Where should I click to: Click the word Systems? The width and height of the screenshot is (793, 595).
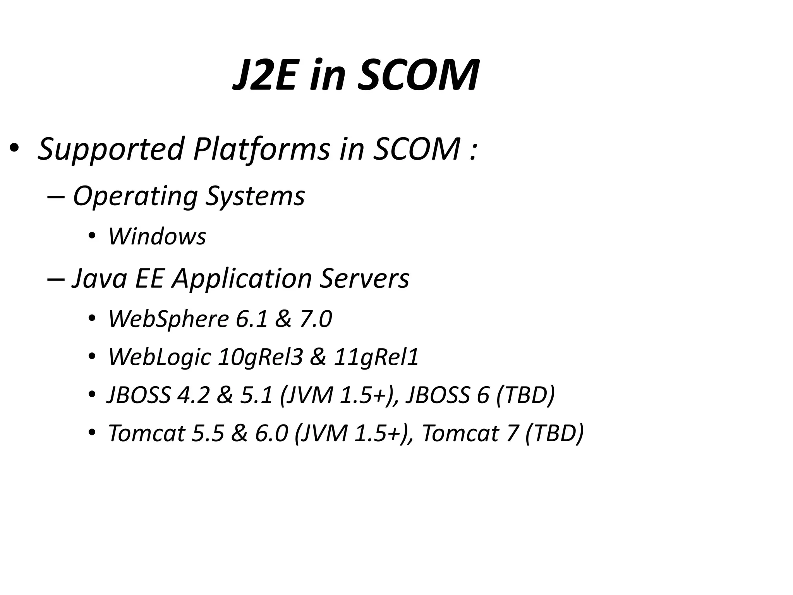pyautogui.click(x=255, y=196)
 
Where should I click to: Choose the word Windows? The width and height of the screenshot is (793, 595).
pyautogui.click(x=157, y=236)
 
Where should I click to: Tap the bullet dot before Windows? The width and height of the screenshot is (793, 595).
pyautogui.click(x=92, y=236)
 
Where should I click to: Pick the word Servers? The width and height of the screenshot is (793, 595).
pyautogui.click(x=364, y=278)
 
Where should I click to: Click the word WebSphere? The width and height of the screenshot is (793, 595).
pyautogui.click(x=169, y=319)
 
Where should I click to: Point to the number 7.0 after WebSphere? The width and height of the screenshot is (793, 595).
pyautogui.click(x=316, y=319)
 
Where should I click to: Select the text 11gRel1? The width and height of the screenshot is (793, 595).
pyautogui.click(x=376, y=357)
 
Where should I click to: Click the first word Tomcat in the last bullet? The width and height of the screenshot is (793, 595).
pyautogui.click(x=147, y=433)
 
